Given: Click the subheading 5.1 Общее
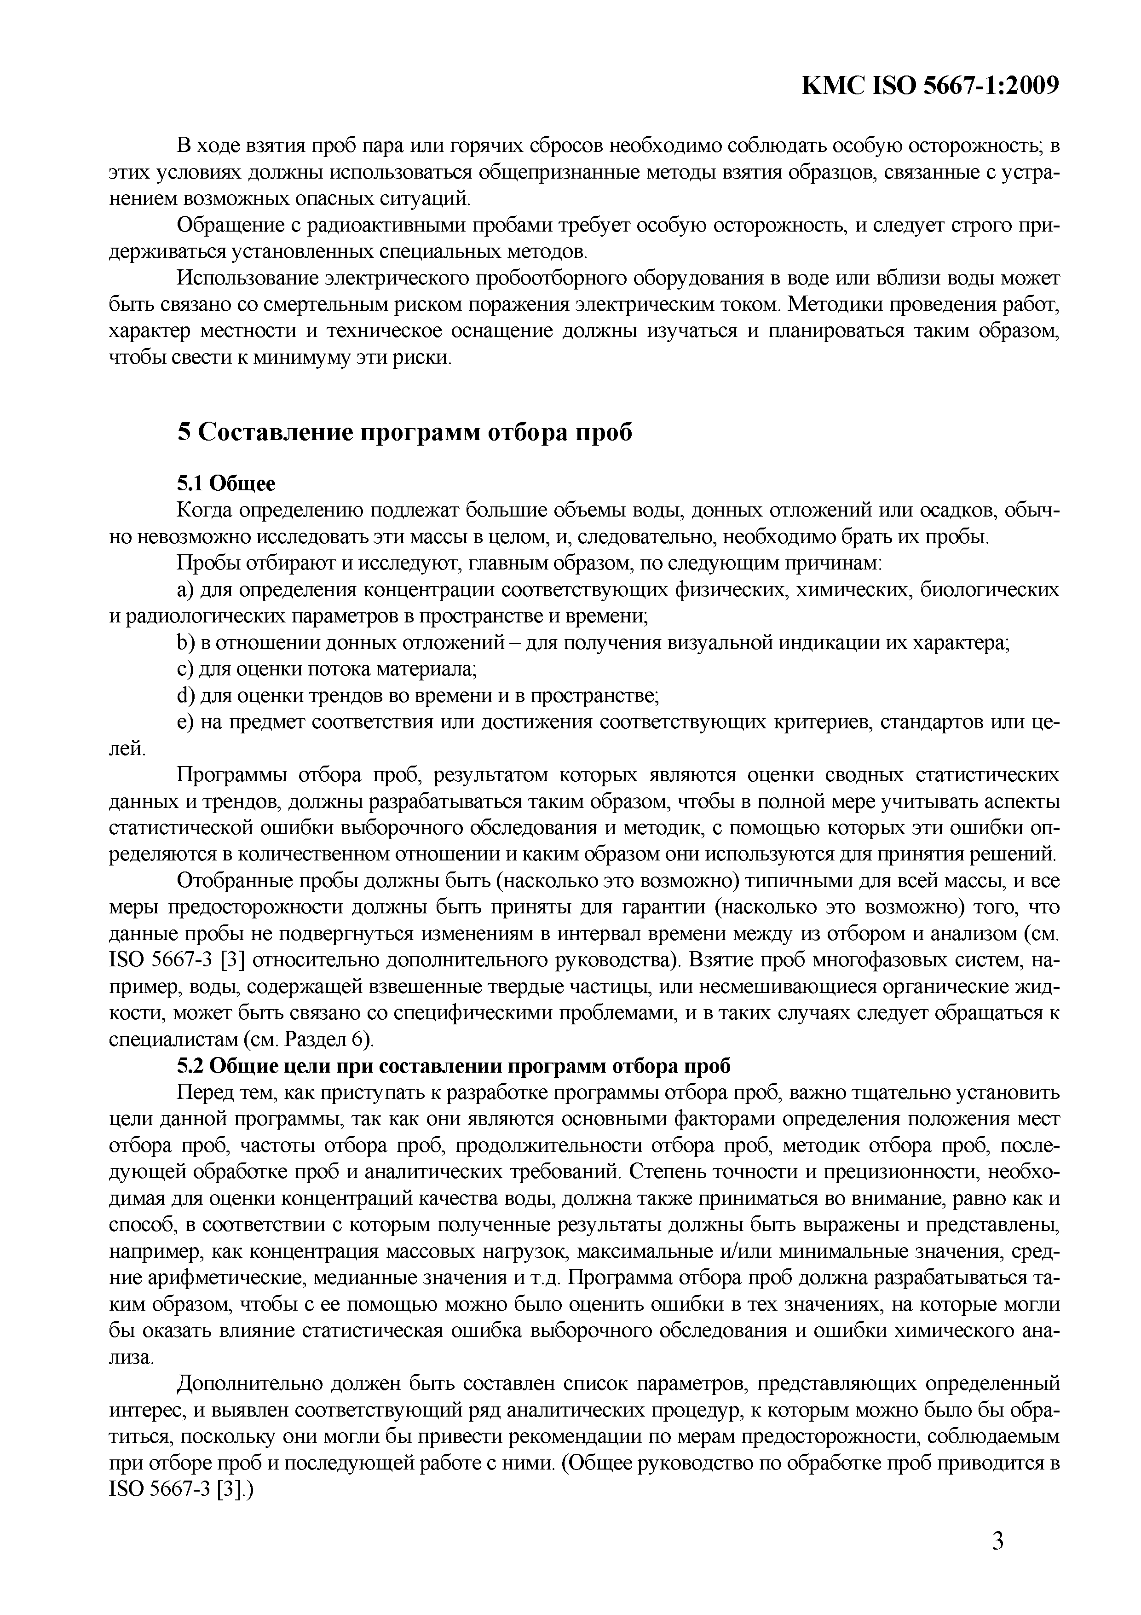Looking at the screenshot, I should point(225,483).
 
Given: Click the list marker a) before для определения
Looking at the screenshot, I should point(185,589).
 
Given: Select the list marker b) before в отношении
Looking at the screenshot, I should point(185,642).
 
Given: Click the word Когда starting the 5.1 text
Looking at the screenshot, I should point(204,510).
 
